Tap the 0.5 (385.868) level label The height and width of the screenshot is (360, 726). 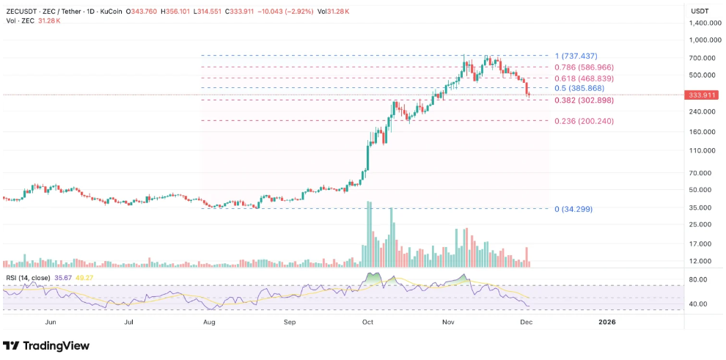580,88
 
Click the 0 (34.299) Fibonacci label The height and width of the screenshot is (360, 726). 573,209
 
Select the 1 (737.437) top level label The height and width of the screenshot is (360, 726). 576,56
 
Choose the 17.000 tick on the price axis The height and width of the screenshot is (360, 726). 702,243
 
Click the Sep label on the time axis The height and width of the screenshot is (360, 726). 290,321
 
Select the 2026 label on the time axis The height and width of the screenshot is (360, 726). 607,321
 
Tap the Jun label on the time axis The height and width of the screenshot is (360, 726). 51,321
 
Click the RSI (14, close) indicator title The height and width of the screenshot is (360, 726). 29,277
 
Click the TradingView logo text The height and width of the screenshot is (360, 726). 56,345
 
